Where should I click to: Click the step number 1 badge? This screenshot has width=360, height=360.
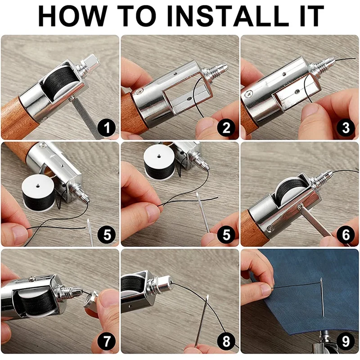pyautogui.click(x=107, y=128)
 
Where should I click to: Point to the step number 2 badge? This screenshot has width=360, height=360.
pyautogui.click(x=226, y=128)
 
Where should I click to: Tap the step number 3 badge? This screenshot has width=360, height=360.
pyautogui.click(x=346, y=128)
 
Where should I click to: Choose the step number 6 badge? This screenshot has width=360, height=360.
pyautogui.click(x=346, y=234)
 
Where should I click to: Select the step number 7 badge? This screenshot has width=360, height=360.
pyautogui.click(x=107, y=342)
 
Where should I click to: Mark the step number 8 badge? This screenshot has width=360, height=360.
pyautogui.click(x=226, y=342)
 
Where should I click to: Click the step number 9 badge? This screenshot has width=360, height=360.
pyautogui.click(x=346, y=342)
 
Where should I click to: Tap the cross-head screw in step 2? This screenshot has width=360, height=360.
pyautogui.click(x=139, y=92)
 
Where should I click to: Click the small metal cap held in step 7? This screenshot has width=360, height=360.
pyautogui.click(x=91, y=299)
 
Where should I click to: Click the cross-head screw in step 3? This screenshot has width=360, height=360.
pyautogui.click(x=249, y=94)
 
